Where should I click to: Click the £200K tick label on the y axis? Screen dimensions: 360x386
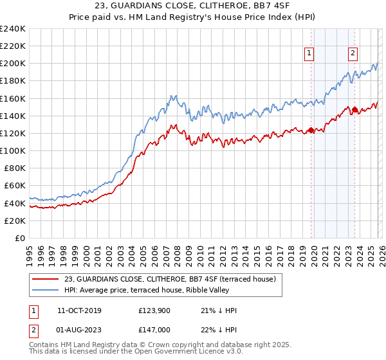point(13,64)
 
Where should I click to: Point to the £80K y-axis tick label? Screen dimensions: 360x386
point(14,168)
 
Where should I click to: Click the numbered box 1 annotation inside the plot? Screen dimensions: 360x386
point(309,54)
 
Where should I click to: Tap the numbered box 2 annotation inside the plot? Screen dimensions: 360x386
point(353,54)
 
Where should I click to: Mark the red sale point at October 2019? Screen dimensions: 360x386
point(311,130)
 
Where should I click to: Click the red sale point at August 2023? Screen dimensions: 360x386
point(354,110)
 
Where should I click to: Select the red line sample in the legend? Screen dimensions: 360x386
point(46,279)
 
